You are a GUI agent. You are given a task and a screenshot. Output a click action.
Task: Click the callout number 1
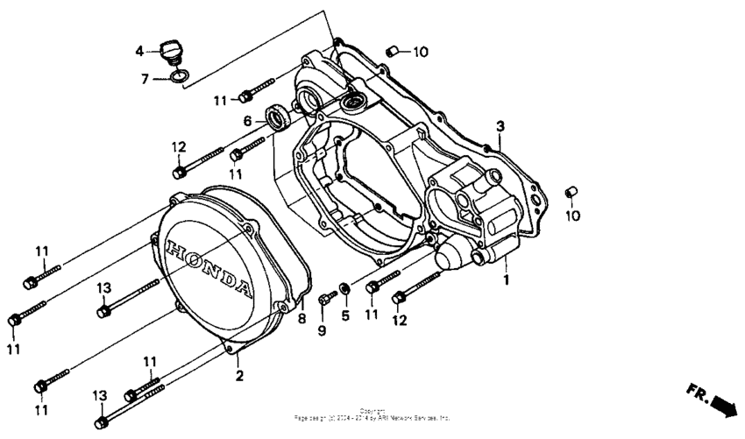pyautogui.click(x=505, y=280)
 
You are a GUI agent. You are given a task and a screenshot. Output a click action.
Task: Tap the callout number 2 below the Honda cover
pyautogui.click(x=238, y=376)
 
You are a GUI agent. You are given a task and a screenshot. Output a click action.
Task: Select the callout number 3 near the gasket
pyautogui.click(x=500, y=126)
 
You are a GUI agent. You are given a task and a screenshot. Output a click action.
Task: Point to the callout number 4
pyautogui.click(x=139, y=52)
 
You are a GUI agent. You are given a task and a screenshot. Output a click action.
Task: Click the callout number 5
pyautogui.click(x=345, y=315)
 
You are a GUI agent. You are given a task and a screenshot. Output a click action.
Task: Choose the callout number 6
pyautogui.click(x=248, y=121)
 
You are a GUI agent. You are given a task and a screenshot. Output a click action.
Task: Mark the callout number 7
pyautogui.click(x=145, y=79)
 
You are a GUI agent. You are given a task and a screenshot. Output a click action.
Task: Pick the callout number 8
pyautogui.click(x=302, y=319)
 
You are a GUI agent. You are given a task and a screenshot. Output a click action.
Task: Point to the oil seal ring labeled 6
pyautogui.click(x=280, y=117)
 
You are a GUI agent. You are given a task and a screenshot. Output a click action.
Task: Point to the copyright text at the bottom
pyautogui.click(x=372, y=415)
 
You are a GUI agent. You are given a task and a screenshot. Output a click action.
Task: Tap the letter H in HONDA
pyautogui.click(x=173, y=245)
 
